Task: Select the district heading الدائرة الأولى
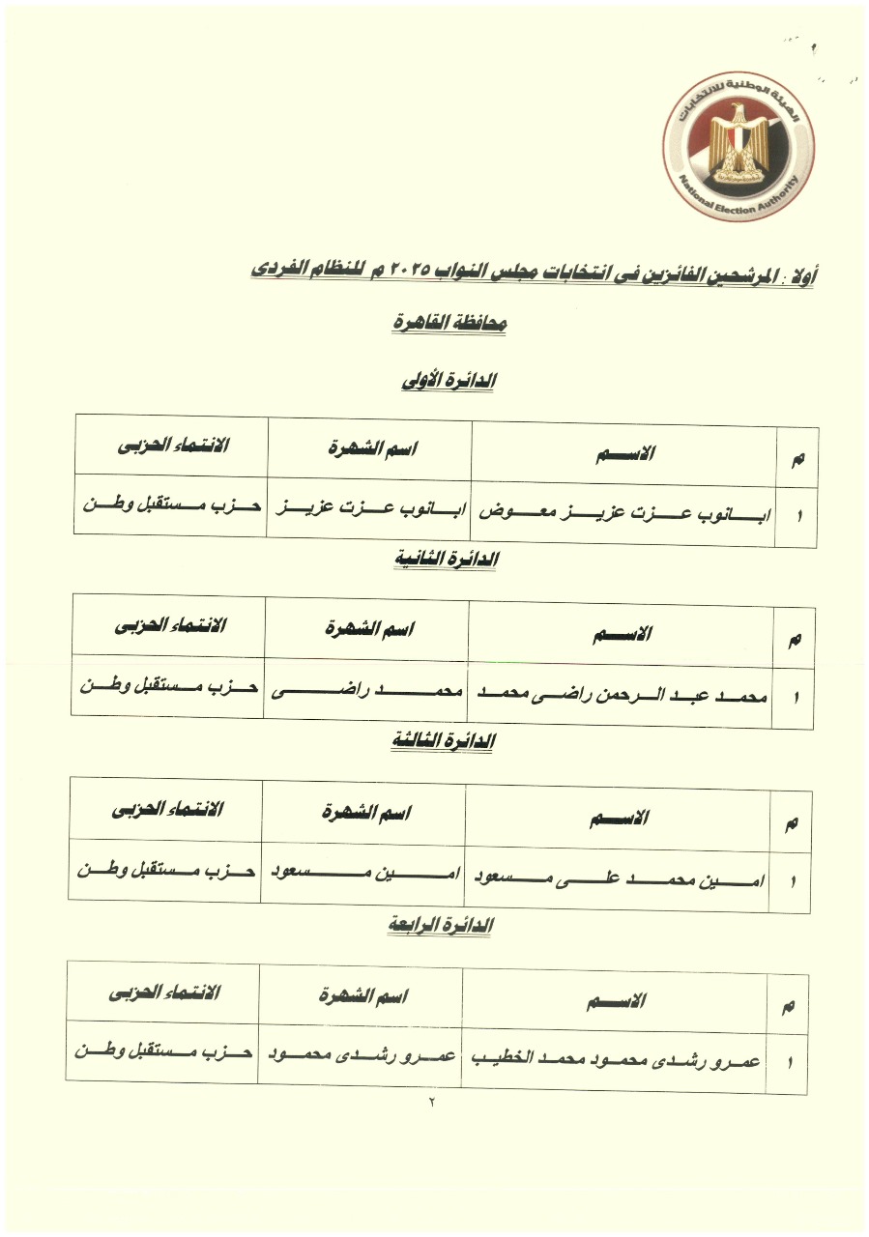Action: [449, 381]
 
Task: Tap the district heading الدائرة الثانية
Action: [447, 560]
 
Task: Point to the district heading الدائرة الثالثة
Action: [444, 741]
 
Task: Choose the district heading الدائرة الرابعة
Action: [441, 926]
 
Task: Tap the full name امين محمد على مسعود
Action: [618, 880]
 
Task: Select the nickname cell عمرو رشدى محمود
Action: [360, 1054]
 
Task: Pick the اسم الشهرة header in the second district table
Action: [368, 630]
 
